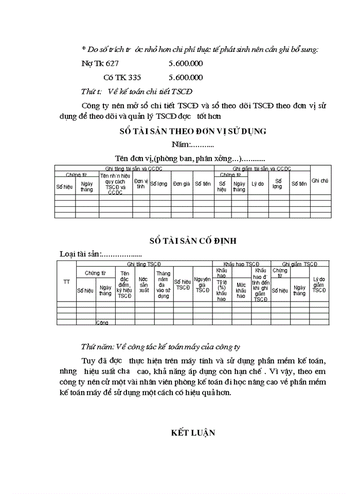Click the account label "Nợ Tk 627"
[100, 64]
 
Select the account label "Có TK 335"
[122, 78]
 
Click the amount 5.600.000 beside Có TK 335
[186, 78]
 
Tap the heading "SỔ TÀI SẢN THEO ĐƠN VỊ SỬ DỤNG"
[193, 131]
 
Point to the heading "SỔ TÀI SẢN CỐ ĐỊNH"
[193, 241]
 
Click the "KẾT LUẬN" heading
[193, 433]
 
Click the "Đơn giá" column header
[182, 184]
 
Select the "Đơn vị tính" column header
[140, 184]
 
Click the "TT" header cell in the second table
[66, 281]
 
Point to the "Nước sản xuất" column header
[143, 285]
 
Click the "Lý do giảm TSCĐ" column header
[319, 285]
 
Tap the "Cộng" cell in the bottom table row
[102, 323]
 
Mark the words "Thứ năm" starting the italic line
[96, 346]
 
